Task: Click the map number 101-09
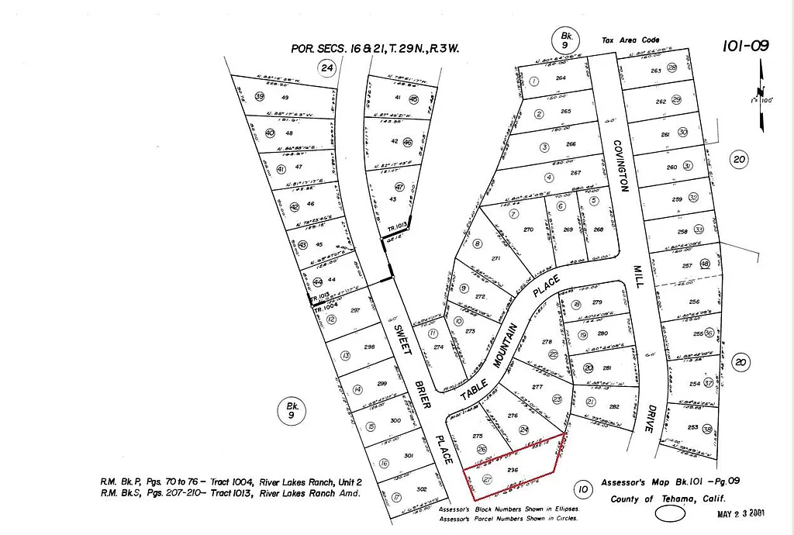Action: click(x=745, y=46)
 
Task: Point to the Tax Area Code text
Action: click(x=630, y=40)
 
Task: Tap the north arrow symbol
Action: click(x=761, y=97)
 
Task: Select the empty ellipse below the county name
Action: click(x=670, y=513)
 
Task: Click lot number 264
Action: click(x=561, y=78)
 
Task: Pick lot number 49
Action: click(x=285, y=97)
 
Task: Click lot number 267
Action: click(x=575, y=173)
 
